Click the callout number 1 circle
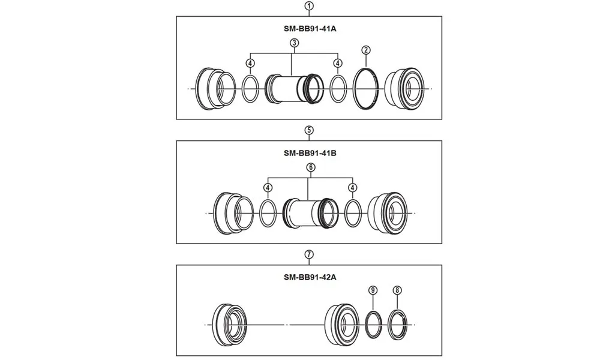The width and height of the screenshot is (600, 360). tap(309, 6)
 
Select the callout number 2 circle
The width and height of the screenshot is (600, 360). tap(366, 50)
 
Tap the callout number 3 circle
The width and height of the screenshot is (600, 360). tap(294, 43)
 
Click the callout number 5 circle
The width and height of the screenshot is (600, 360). tap(309, 130)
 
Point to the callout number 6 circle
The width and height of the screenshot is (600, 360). tap(310, 167)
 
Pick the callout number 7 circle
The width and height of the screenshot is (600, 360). tap(309, 254)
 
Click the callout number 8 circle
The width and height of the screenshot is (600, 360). tap(397, 290)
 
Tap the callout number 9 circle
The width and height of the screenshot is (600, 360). tap(373, 290)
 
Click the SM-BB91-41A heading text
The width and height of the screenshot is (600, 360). tap(309, 28)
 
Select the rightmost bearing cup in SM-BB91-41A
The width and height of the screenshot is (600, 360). tap(407, 89)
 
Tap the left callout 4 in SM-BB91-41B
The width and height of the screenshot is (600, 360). tap(267, 188)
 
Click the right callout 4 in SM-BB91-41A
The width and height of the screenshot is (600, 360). tap(338, 63)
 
